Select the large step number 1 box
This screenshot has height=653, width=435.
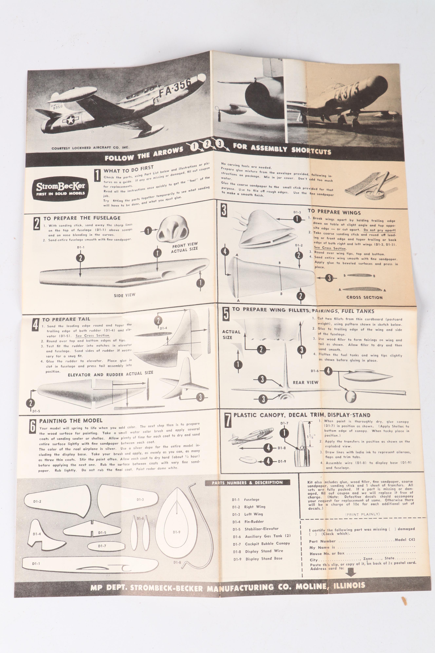coord(97,175)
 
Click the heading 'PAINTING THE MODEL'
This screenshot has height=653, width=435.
coord(71,421)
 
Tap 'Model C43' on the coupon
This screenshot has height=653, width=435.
coord(405,539)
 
